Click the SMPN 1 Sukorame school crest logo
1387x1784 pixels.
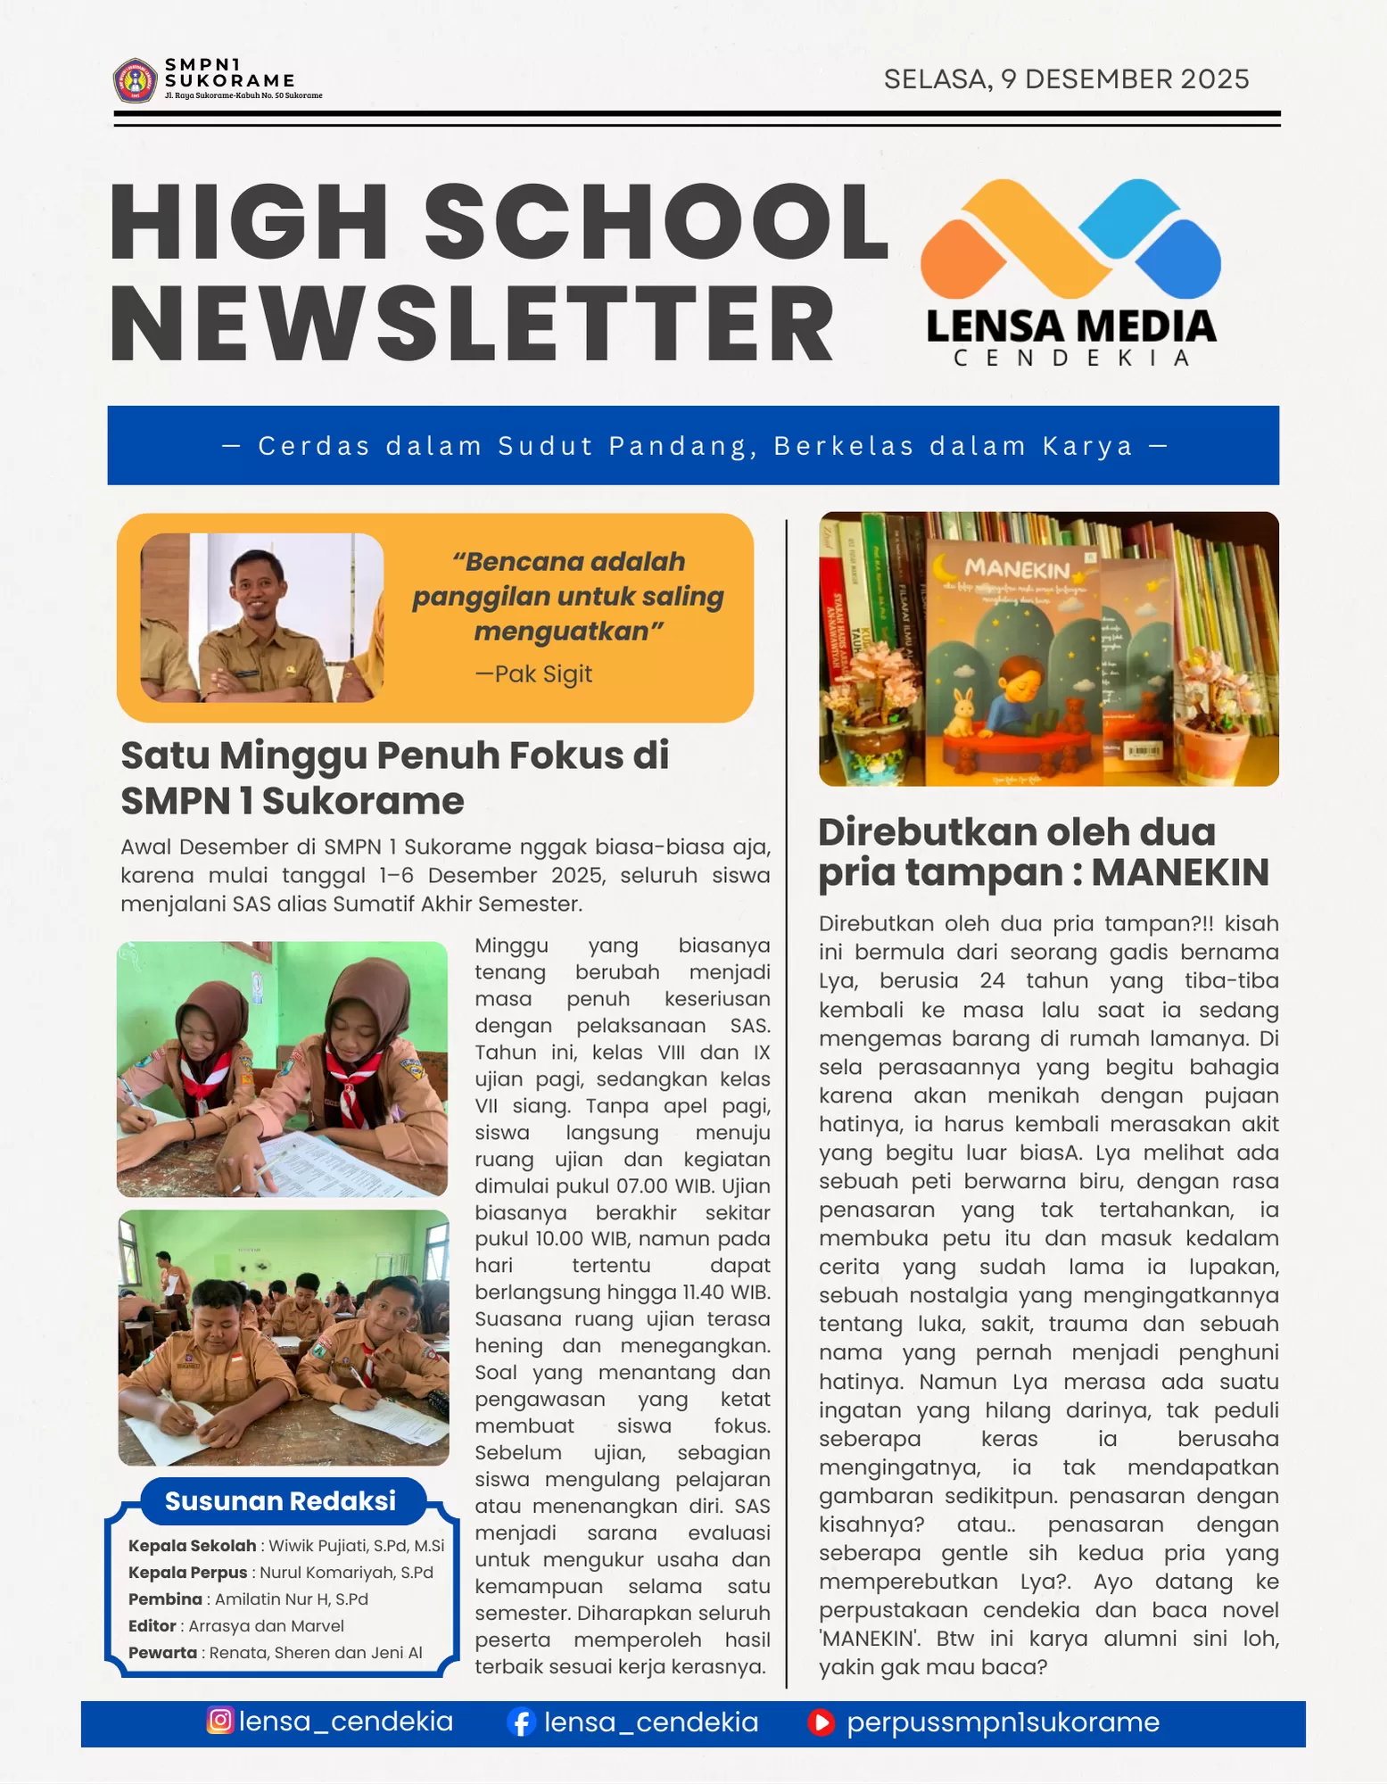pyautogui.click(x=135, y=81)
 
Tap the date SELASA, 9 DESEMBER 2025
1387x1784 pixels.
pyautogui.click(x=1066, y=79)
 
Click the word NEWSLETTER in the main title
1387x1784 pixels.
pyautogui.click(x=472, y=325)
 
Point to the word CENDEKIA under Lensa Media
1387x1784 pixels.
pyautogui.click(x=1071, y=359)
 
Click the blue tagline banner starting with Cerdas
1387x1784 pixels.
pyautogui.click(x=693, y=446)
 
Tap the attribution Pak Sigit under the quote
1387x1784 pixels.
pyautogui.click(x=534, y=674)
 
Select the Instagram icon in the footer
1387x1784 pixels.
pyautogui.click(x=220, y=1720)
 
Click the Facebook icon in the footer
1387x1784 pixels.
pyautogui.click(x=521, y=1722)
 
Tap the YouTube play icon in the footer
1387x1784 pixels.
pyautogui.click(x=821, y=1722)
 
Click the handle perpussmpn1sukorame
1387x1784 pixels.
pyautogui.click(x=1003, y=1722)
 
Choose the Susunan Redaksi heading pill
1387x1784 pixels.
pyautogui.click(x=280, y=1501)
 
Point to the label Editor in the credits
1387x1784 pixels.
pyautogui.click(x=152, y=1626)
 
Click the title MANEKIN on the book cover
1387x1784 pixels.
pyautogui.click(x=1017, y=569)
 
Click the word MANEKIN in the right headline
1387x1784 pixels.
pyautogui.click(x=1179, y=872)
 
